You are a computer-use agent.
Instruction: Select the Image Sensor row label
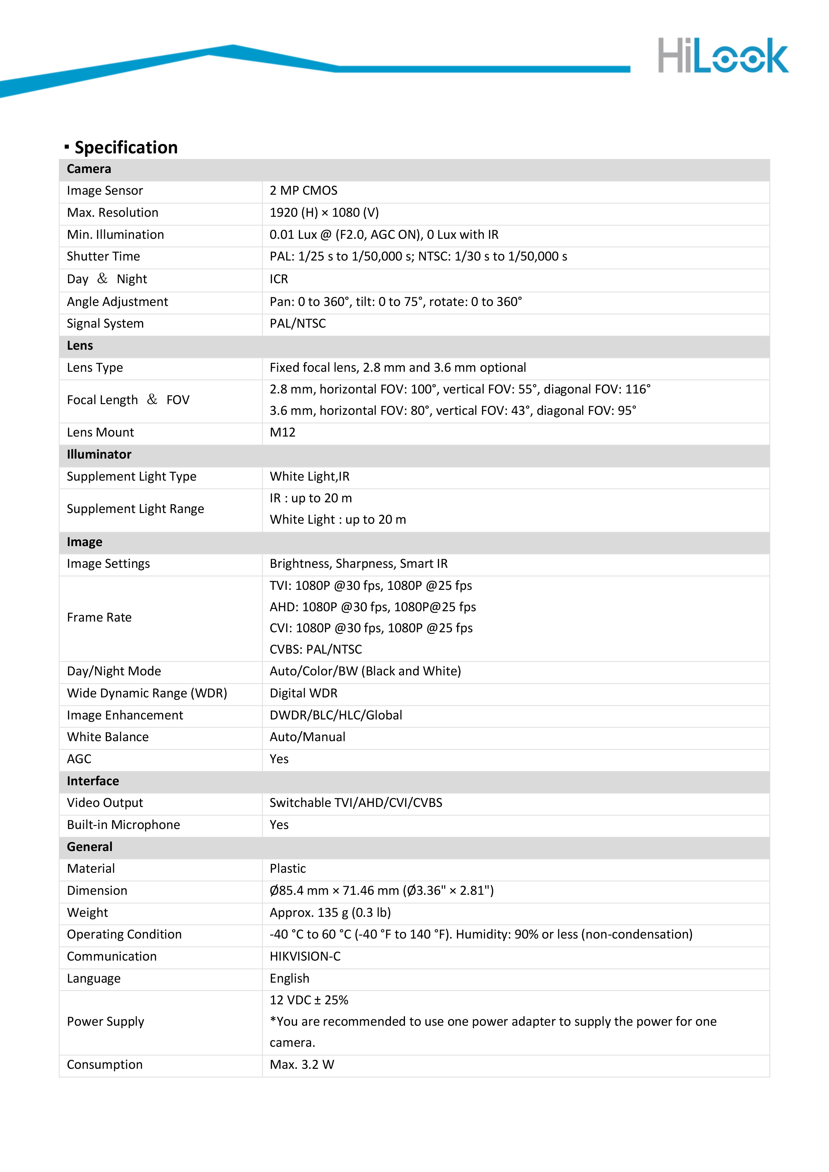click(105, 191)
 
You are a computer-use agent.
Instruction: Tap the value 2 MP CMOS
click(303, 191)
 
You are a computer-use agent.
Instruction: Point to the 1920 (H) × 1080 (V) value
click(324, 213)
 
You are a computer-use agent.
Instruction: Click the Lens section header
click(80, 346)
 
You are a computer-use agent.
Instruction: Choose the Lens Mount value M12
click(282, 432)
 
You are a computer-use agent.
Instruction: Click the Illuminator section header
click(99, 454)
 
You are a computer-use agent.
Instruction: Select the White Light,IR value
click(309, 476)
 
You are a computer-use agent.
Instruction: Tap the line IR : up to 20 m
click(310, 498)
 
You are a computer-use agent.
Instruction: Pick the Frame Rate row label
click(99, 618)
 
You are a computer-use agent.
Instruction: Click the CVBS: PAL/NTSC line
click(316, 649)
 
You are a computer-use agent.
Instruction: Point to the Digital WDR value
click(303, 693)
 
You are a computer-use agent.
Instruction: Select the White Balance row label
click(108, 737)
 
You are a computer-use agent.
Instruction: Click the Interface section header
click(93, 781)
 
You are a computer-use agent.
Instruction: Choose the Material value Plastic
click(288, 869)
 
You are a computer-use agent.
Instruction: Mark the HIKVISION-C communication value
click(305, 957)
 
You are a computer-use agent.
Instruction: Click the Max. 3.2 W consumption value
click(301, 1065)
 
